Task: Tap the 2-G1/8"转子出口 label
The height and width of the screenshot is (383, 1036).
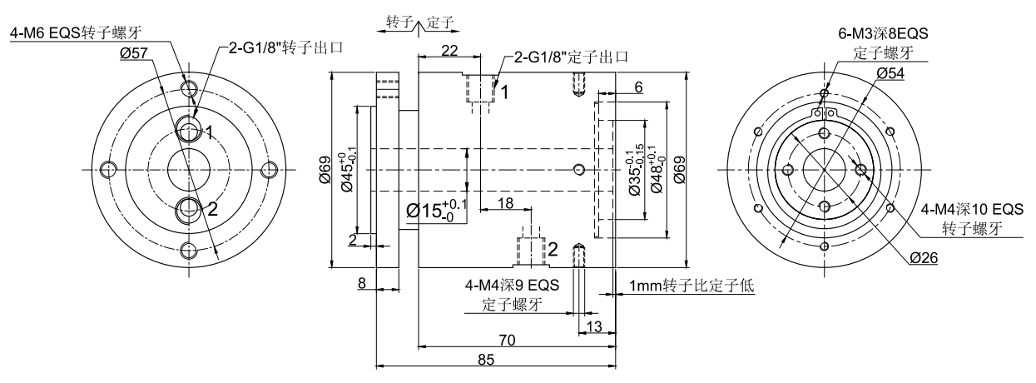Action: point(275,47)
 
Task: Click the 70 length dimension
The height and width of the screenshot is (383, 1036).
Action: point(515,340)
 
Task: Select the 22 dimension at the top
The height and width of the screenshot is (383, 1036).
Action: point(449,51)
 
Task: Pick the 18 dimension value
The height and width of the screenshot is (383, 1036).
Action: point(504,203)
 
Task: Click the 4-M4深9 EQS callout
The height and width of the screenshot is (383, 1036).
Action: point(513,286)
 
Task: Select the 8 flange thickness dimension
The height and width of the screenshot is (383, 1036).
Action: point(362,283)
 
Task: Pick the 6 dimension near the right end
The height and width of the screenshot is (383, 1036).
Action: point(637,87)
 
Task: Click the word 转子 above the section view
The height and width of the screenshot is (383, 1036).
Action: point(401,22)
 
